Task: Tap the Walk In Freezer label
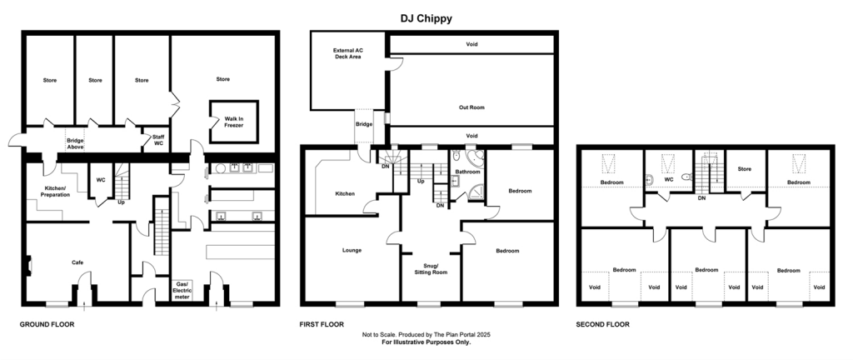(x=233, y=122)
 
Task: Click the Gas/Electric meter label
(x=182, y=289)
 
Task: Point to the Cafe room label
(x=77, y=262)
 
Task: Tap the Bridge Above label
(x=77, y=144)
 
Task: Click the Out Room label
(x=471, y=107)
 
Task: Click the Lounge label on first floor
(x=352, y=250)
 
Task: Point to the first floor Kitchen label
(x=345, y=193)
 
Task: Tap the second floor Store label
(x=744, y=169)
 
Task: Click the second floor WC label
(x=668, y=178)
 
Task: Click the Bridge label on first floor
(x=364, y=124)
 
